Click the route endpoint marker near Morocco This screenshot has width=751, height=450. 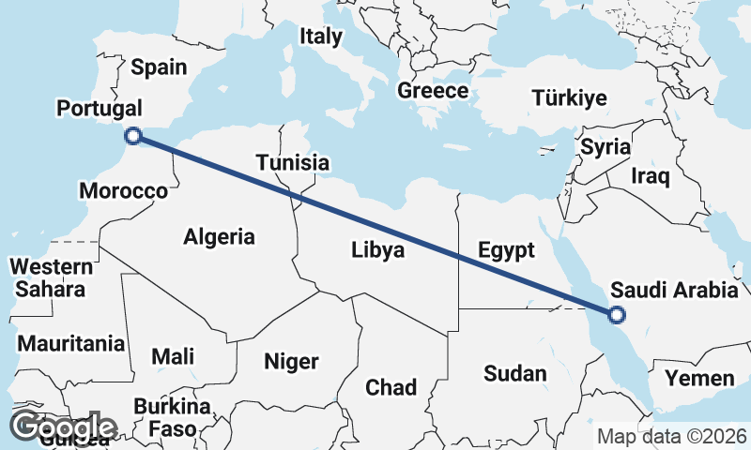[133, 136]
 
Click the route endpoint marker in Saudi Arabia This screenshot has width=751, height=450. [617, 315]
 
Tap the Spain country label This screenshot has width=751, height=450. [159, 67]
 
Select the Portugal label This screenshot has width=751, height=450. [100, 108]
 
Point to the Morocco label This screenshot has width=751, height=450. [123, 191]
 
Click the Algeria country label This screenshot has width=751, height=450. [219, 236]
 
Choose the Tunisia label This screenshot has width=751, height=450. [293, 163]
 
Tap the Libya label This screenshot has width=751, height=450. [377, 250]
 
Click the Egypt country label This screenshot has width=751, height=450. [506, 250]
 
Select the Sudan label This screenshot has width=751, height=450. [514, 373]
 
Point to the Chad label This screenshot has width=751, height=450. [391, 386]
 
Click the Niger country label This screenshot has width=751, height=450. [291, 361]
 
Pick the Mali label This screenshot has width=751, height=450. [173, 356]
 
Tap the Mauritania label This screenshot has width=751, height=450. [70, 343]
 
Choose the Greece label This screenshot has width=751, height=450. [433, 91]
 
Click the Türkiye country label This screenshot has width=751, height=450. [569, 97]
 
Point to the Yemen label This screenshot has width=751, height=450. [699, 379]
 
